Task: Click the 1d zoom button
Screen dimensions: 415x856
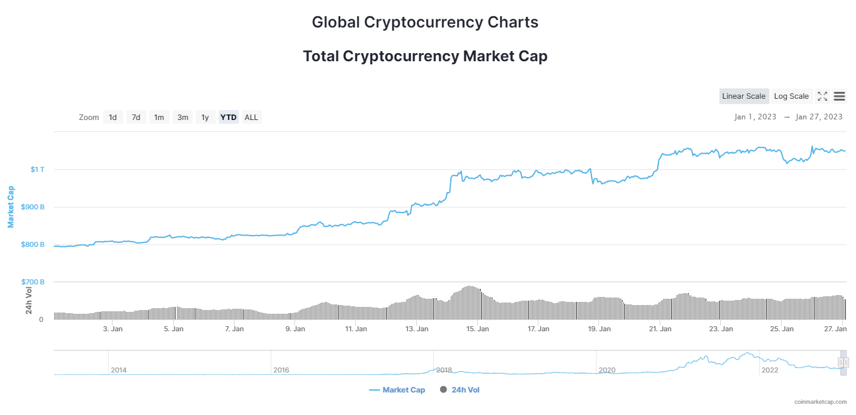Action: tap(113, 117)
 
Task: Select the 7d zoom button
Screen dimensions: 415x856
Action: tap(136, 117)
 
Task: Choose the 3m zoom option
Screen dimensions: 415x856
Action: tap(183, 117)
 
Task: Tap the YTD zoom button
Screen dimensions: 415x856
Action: tap(229, 117)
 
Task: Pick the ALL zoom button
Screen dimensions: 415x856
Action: tap(251, 117)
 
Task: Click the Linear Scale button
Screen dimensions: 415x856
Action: tap(743, 96)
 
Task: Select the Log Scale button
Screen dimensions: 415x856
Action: tap(791, 96)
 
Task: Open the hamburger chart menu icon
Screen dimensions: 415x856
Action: tap(840, 96)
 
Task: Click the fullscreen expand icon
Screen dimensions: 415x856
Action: tap(823, 96)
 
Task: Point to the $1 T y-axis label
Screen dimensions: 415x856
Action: tap(38, 169)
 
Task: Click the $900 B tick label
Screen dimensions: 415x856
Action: tap(33, 207)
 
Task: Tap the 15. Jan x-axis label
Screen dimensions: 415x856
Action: tap(478, 329)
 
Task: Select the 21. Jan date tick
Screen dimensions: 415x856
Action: tap(660, 329)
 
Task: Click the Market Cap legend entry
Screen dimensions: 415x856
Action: tap(397, 390)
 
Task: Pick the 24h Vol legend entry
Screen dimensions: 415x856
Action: tap(460, 390)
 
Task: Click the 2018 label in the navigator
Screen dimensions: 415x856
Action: tap(444, 370)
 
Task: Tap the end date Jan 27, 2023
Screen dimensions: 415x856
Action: tap(818, 117)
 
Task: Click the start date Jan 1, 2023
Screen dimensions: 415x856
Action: tap(755, 117)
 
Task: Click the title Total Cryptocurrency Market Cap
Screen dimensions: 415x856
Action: tap(425, 56)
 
